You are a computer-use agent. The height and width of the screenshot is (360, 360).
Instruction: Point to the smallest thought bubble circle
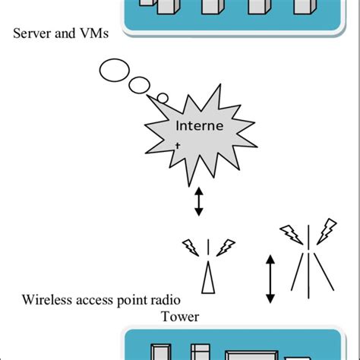coord(162,97)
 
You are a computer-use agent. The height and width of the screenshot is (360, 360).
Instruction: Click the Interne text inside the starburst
coord(199,125)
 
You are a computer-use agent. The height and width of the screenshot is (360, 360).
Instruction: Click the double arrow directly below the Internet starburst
coord(199,201)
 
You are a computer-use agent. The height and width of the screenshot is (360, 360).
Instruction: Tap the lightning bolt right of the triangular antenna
coord(226,248)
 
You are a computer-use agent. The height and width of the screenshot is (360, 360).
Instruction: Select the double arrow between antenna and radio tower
coord(270,280)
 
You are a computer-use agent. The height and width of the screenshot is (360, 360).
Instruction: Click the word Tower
coord(179,316)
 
